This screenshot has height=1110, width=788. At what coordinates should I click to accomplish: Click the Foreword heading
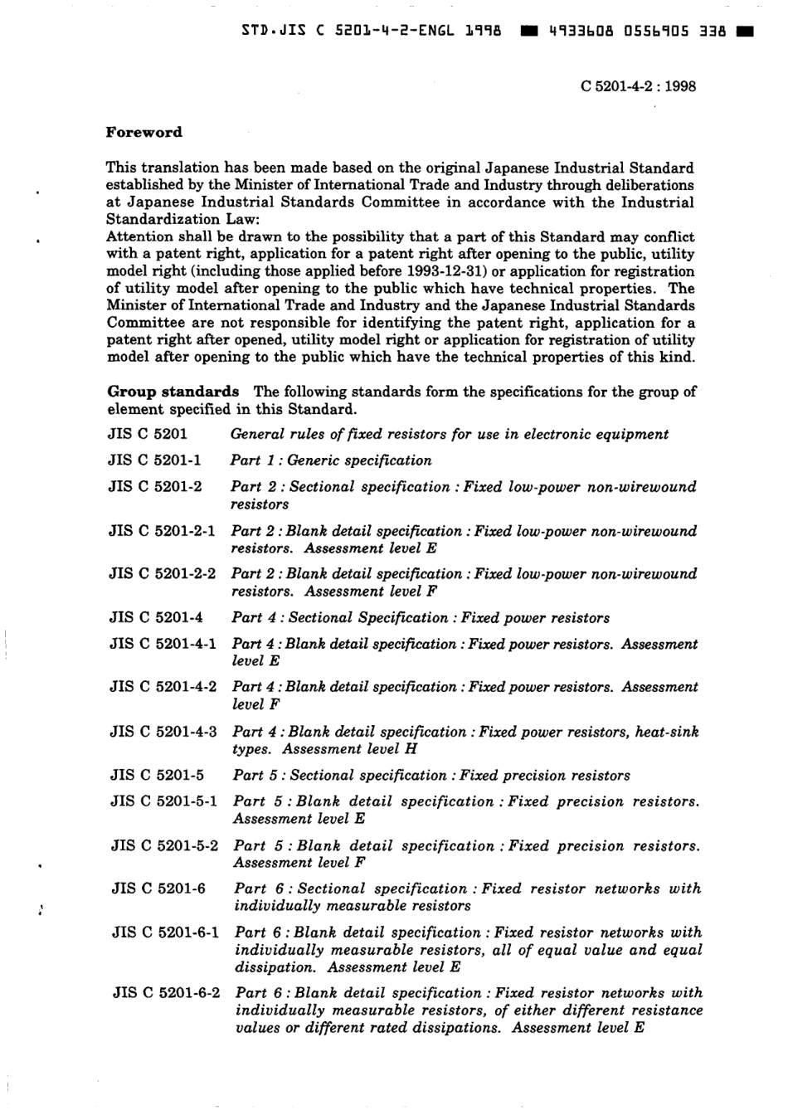coord(144,132)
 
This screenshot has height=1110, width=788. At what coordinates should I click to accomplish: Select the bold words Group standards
coord(173,392)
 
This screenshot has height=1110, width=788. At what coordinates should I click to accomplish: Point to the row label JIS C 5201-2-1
coord(162,531)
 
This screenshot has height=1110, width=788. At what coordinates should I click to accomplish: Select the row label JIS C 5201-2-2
coord(162,574)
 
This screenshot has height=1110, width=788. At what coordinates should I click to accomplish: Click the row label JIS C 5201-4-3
coord(163,732)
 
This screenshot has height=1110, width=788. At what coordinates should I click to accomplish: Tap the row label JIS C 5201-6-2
coord(165,993)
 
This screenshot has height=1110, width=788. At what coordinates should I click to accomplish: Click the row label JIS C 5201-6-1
coord(165,932)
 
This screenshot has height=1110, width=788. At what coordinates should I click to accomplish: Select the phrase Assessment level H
coord(349,749)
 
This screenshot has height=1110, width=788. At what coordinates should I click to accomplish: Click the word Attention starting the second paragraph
coord(140,236)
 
